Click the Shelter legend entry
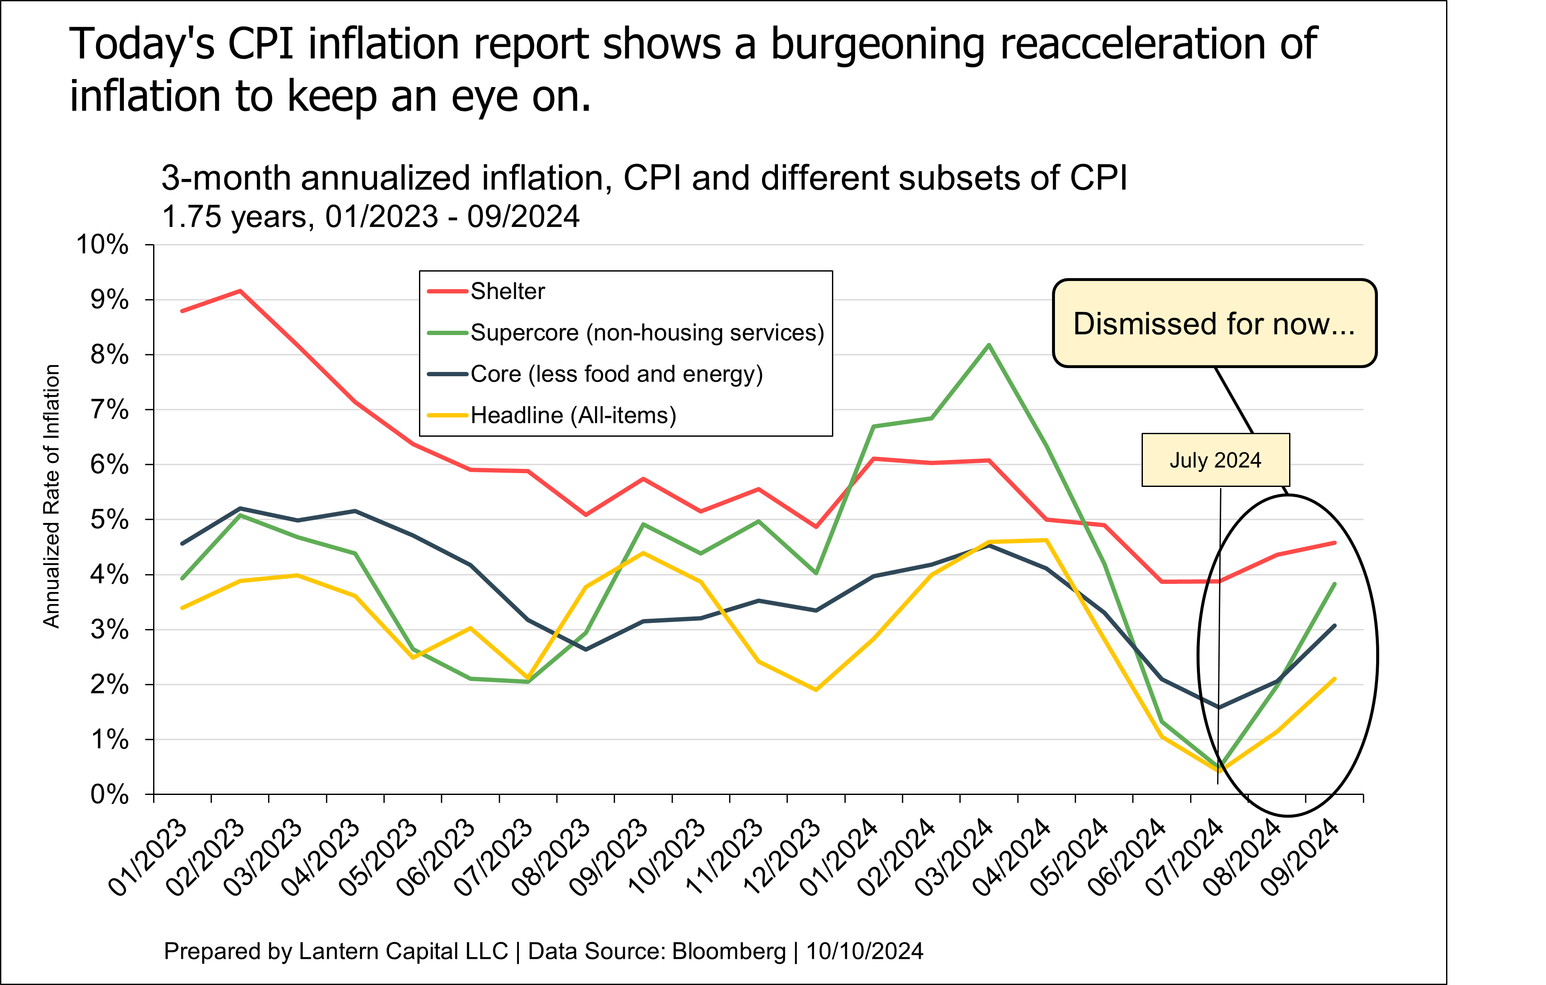point(507,292)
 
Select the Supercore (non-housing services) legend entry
point(647,332)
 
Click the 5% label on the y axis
point(109,520)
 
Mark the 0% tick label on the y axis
point(109,795)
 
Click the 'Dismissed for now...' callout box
point(1214,323)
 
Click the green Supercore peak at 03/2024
point(989,345)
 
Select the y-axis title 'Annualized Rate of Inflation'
point(51,496)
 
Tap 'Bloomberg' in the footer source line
point(729,951)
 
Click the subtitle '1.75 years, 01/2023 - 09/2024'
point(371,217)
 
